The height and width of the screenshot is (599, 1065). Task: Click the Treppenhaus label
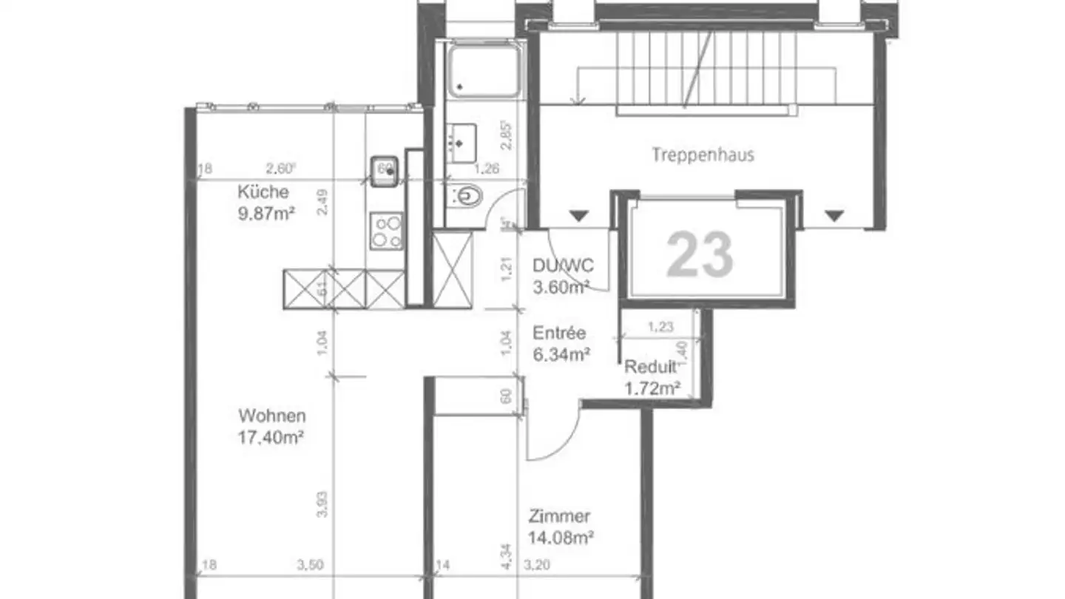pyautogui.click(x=703, y=155)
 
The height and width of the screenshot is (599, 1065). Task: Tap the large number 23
pyautogui.click(x=700, y=254)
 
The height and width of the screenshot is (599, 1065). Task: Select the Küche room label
pyautogui.click(x=263, y=192)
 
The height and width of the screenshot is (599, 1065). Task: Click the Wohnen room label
pyautogui.click(x=271, y=416)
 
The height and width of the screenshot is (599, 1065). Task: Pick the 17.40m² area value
pyautogui.click(x=271, y=437)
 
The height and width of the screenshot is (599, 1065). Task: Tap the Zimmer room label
pyautogui.click(x=559, y=516)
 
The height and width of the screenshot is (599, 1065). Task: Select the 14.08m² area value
pyautogui.click(x=562, y=538)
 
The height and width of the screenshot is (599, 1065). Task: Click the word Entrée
pyautogui.click(x=559, y=333)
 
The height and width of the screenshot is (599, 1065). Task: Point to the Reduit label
pyautogui.click(x=650, y=367)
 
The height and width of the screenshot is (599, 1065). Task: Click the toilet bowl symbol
pyautogui.click(x=467, y=196)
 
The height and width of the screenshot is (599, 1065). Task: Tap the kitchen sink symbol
pyautogui.click(x=385, y=170)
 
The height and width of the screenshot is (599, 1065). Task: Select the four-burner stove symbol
pyautogui.click(x=387, y=230)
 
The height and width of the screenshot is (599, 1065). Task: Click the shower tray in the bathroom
pyautogui.click(x=485, y=70)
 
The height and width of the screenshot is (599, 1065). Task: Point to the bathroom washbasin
pyautogui.click(x=461, y=143)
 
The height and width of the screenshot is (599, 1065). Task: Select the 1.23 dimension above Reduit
pyautogui.click(x=660, y=326)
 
